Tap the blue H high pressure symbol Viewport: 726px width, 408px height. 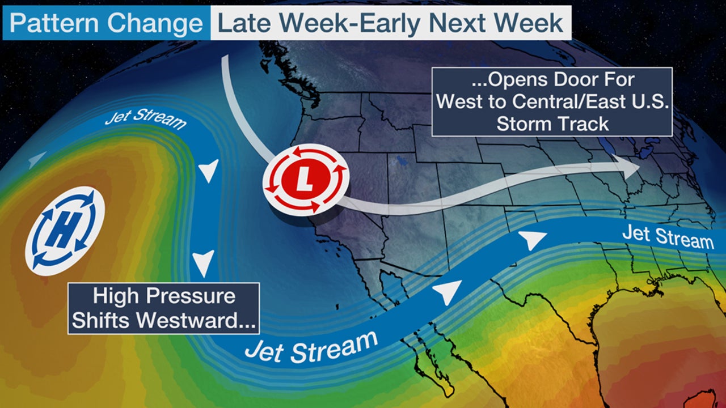(65, 231)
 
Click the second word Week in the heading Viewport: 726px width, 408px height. (529, 23)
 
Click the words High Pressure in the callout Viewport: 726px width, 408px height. (163, 296)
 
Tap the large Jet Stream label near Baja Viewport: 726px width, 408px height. (311, 345)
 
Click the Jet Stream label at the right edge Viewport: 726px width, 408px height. (668, 236)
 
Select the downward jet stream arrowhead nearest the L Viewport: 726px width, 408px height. (209, 170)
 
